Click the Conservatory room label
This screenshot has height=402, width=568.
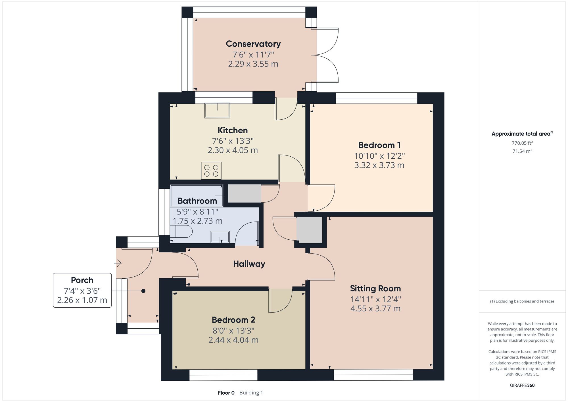tap(253, 44)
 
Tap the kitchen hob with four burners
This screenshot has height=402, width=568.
tap(211, 171)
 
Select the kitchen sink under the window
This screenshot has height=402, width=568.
tap(217, 110)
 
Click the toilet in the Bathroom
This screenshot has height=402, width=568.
tap(181, 231)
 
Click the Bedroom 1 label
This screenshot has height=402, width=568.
tap(379, 145)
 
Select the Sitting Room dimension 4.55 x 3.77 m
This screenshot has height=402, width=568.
tap(375, 308)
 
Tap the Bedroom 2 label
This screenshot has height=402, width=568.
tap(233, 320)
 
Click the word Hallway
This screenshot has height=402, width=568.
tap(249, 264)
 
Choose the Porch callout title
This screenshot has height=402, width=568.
tap(82, 280)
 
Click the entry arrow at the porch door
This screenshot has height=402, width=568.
tap(118, 263)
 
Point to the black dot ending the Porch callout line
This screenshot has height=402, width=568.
tap(143, 291)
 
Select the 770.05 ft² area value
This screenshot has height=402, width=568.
tap(522, 143)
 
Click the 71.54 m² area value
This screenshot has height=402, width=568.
tap(522, 151)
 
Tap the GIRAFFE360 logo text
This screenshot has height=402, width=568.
tap(522, 386)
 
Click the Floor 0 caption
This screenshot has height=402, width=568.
tap(226, 393)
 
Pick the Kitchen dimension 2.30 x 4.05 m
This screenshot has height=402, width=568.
tap(233, 150)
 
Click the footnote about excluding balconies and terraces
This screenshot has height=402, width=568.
tap(522, 301)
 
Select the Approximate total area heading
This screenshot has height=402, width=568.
tap(522, 134)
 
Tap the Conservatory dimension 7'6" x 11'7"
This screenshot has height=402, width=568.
tap(253, 54)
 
